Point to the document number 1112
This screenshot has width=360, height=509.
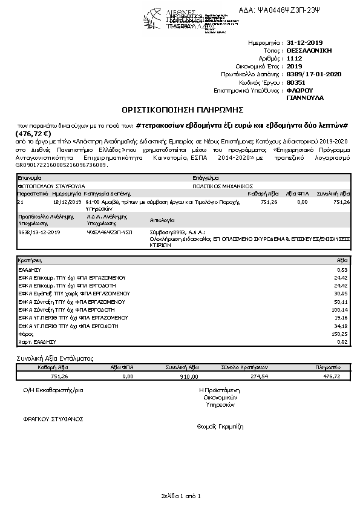coord(293,59)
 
